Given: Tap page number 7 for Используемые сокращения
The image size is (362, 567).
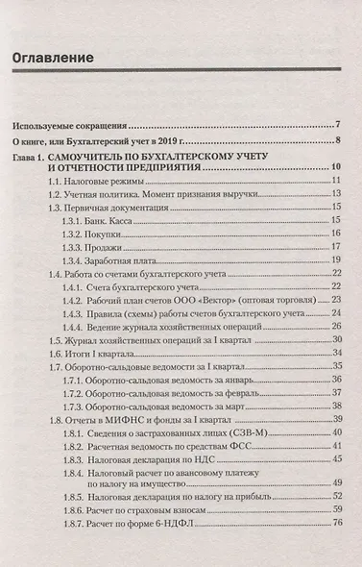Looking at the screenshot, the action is point(339,124).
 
